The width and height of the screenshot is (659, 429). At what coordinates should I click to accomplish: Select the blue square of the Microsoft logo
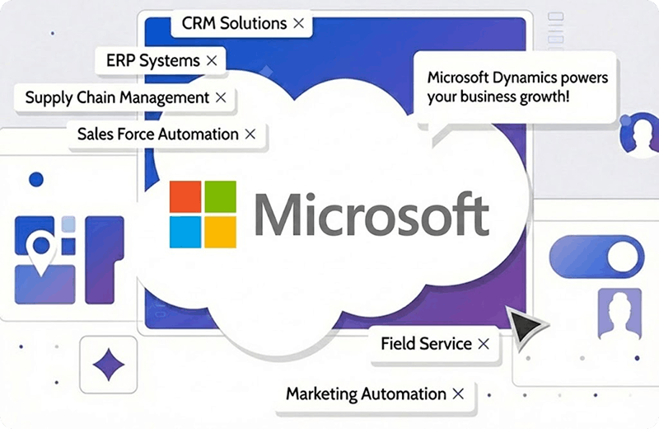[x=185, y=232]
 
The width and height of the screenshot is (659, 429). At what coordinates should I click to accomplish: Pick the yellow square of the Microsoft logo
[x=220, y=232]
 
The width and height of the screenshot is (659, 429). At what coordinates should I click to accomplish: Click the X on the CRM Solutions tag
[x=298, y=24]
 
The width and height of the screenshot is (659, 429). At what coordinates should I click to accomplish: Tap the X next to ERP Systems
[x=212, y=61]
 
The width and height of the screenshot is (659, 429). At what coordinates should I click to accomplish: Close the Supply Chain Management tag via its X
[x=220, y=97]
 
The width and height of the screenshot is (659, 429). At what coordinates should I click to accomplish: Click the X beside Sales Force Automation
[x=250, y=134]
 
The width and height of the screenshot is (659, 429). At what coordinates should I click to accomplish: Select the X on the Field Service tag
[x=484, y=343]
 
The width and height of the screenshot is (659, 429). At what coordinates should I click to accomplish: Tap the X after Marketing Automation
[x=458, y=394]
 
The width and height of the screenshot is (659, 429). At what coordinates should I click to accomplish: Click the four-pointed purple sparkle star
[x=108, y=364]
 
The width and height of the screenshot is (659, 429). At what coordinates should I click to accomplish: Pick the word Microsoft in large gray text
[x=371, y=214]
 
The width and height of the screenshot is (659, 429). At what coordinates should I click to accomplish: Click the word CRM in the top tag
[x=199, y=24]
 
